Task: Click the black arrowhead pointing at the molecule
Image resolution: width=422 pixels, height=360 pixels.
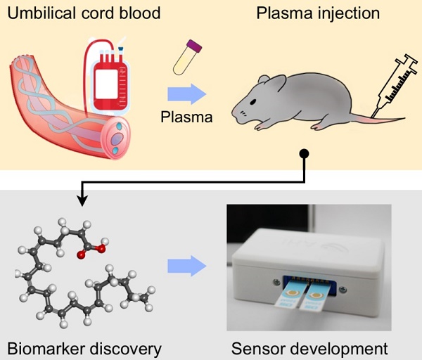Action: coord(82,201)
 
